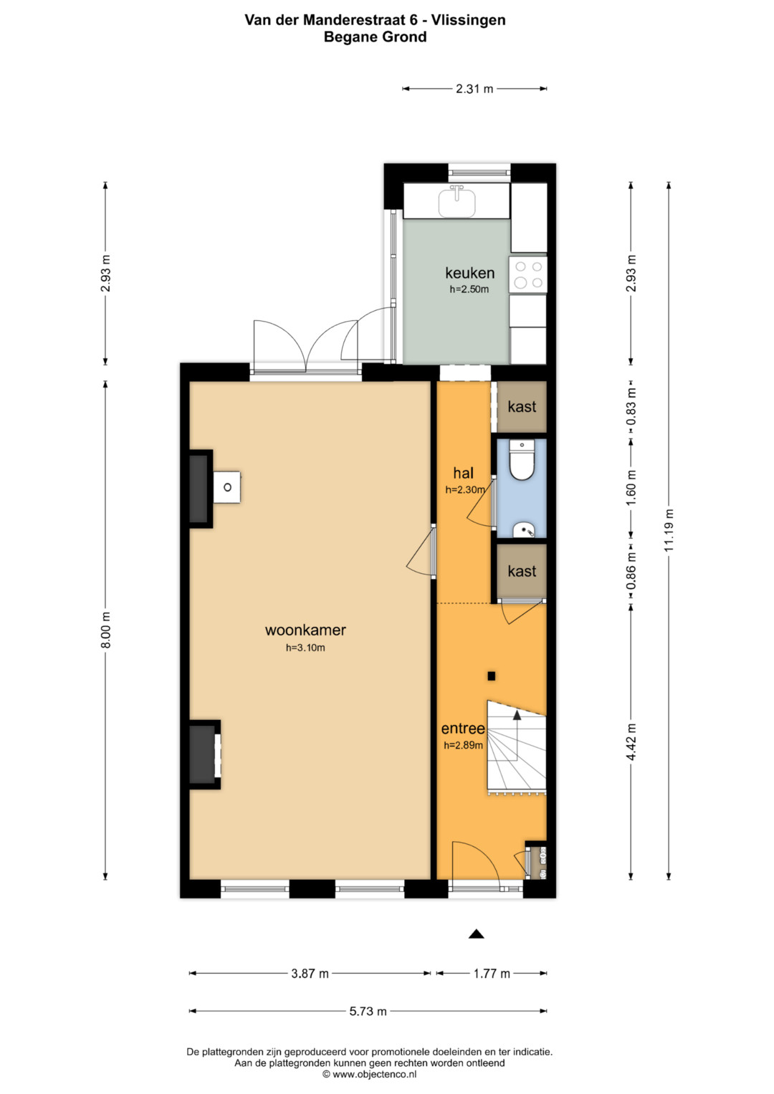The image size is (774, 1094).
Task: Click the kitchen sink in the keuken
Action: pyautogui.click(x=457, y=202)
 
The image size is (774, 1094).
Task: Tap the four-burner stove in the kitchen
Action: pyautogui.click(x=527, y=274)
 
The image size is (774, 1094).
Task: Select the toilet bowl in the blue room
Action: pyautogui.click(x=522, y=461)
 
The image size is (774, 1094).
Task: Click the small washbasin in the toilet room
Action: pyautogui.click(x=523, y=529)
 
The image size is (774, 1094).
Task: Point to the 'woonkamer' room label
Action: pyautogui.click(x=305, y=630)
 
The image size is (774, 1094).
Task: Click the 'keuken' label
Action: pyautogui.click(x=469, y=273)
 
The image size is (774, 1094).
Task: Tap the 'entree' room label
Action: pyautogui.click(x=463, y=729)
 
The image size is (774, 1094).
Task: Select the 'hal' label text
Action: pyautogui.click(x=463, y=473)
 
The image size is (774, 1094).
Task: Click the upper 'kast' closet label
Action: pyautogui.click(x=522, y=406)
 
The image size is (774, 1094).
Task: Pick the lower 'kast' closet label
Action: pyautogui.click(x=522, y=571)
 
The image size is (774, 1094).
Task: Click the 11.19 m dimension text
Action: pyautogui.click(x=669, y=530)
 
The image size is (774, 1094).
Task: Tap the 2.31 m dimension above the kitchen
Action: pyautogui.click(x=474, y=89)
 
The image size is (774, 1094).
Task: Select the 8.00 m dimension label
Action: pyautogui.click(x=106, y=630)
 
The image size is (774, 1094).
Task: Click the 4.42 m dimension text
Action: pyautogui.click(x=631, y=742)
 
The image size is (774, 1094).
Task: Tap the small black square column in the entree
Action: pyautogui.click(x=492, y=676)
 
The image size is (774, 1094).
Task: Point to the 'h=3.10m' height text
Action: pyautogui.click(x=305, y=648)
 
